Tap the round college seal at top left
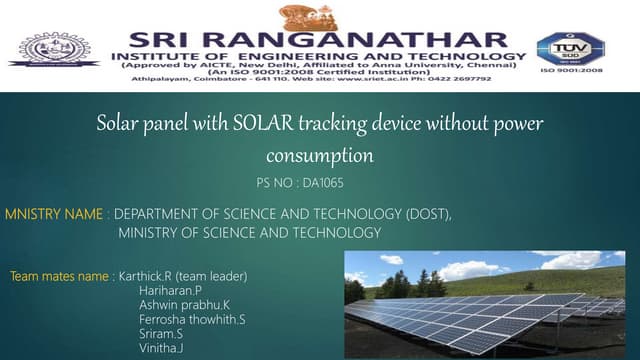[55, 48]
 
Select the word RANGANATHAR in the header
[364, 38]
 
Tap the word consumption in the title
[319, 155]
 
